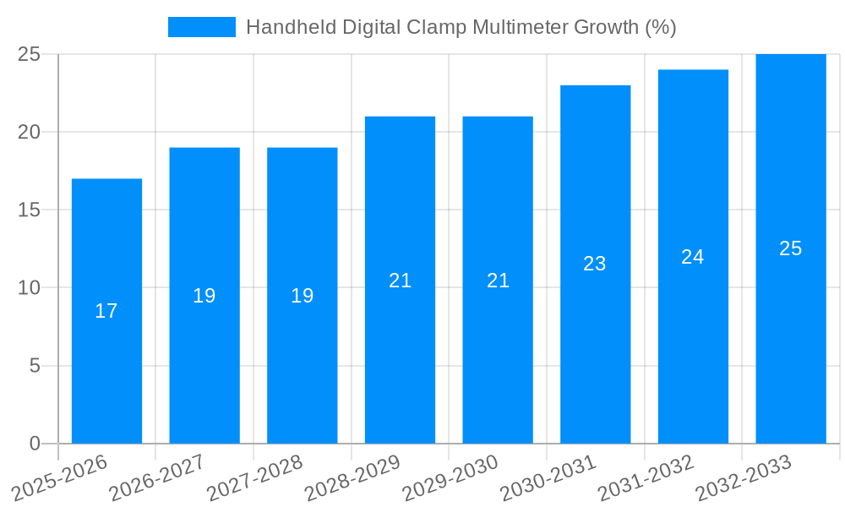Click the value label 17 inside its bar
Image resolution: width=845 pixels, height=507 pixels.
106,311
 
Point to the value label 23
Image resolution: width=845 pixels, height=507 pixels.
595,264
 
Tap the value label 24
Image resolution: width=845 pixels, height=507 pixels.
693,257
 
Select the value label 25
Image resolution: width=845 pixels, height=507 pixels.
791,248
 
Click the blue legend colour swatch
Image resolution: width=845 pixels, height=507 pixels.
202,27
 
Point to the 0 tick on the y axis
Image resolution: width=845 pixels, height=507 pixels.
35,444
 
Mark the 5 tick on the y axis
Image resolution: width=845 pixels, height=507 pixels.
35,366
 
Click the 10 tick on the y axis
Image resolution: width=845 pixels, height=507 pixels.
30,288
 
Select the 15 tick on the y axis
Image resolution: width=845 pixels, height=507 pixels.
30,210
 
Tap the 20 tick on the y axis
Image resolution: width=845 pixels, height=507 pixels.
30,132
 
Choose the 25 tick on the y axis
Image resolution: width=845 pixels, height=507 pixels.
30,54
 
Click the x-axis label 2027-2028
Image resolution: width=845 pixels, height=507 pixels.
254,478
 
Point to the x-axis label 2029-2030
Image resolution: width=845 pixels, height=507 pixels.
450,478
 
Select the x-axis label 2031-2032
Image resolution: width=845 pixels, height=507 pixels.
646,478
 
